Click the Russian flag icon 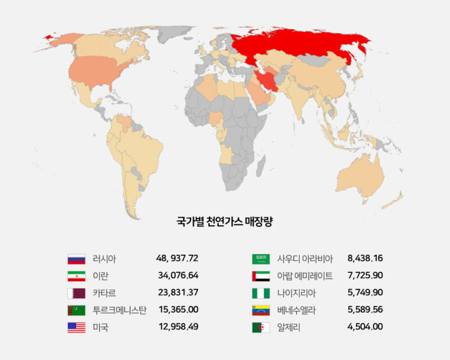tap(76, 259)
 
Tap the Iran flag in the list tap(76, 276)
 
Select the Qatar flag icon tap(76, 293)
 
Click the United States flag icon tap(76, 327)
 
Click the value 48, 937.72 tap(177, 259)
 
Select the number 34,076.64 tap(178, 276)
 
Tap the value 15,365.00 tap(178, 309)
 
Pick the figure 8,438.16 tap(365, 259)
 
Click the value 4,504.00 tap(365, 326)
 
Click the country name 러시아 tap(104, 259)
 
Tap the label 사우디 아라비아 tap(305, 259)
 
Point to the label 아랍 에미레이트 tap(305, 276)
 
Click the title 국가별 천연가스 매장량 tap(224, 222)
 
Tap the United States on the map tap(96, 73)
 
